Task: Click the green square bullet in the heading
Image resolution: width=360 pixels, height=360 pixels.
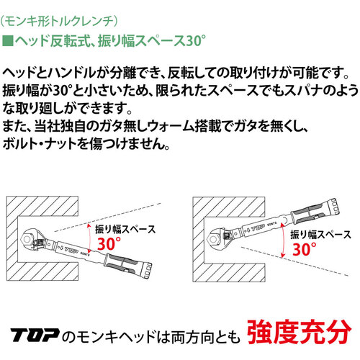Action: click(x=7, y=41)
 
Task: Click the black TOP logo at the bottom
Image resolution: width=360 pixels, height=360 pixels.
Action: click(x=35, y=335)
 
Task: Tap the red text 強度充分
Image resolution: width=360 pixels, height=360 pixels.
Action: click(x=299, y=332)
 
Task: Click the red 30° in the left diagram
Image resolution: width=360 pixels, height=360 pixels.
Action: click(x=109, y=243)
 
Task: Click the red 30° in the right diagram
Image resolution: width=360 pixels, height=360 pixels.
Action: click(x=304, y=249)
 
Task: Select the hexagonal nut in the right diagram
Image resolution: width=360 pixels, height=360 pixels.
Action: click(x=212, y=239)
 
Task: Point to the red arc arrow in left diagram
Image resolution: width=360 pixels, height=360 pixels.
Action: click(x=89, y=238)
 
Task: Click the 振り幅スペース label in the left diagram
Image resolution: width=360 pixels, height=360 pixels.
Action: click(x=125, y=229)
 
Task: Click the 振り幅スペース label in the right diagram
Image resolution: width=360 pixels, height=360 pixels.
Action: click(x=320, y=235)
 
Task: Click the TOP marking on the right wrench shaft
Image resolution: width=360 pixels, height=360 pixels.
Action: click(x=257, y=228)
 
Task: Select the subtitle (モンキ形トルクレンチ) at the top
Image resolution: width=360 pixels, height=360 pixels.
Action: click(x=59, y=22)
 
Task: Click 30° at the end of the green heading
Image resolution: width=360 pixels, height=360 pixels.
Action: click(x=196, y=40)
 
